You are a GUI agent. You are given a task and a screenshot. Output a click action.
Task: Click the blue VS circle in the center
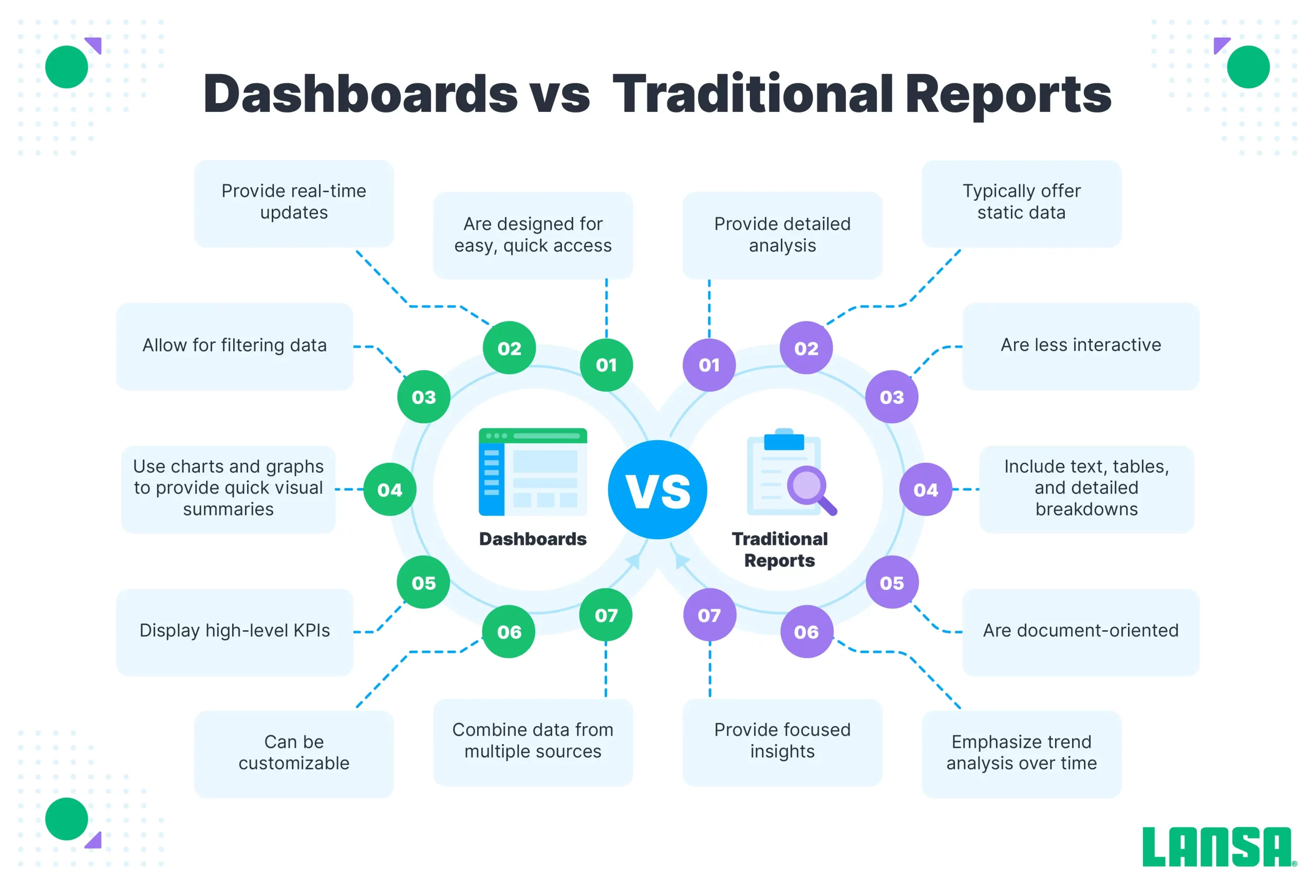point(657,489)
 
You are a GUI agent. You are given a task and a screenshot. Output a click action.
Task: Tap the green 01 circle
point(606,365)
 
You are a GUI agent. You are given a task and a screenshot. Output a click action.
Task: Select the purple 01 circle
point(709,365)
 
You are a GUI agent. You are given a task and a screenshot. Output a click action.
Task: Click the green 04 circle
point(390,489)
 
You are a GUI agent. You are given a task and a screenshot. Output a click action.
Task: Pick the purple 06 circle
point(806,632)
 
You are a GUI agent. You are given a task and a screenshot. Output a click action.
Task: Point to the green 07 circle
point(606,615)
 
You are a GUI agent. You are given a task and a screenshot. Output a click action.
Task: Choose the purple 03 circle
point(892,397)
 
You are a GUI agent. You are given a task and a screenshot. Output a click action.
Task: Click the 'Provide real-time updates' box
point(294,203)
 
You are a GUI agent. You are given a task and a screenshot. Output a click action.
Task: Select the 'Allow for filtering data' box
point(235,346)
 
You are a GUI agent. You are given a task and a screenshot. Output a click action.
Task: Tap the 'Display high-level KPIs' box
point(235,632)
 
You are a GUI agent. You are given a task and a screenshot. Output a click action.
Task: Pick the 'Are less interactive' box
point(1080,346)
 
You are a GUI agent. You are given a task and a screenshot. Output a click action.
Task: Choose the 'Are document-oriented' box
point(1080,632)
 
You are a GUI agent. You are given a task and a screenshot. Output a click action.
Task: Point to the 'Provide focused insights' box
point(782,742)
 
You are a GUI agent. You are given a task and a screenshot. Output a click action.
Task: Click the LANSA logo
point(1219,846)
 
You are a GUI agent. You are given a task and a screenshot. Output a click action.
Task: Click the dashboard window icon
point(533,472)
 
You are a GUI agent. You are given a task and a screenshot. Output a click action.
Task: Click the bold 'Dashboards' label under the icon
point(533,539)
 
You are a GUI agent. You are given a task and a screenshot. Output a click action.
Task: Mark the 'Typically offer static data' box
point(1022,203)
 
